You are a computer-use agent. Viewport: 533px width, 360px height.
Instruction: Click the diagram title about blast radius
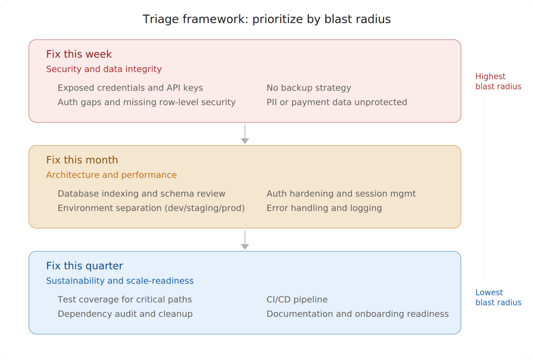[x=266, y=19]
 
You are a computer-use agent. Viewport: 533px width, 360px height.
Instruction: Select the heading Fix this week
[x=79, y=54]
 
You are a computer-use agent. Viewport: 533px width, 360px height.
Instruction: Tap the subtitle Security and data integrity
[x=104, y=69]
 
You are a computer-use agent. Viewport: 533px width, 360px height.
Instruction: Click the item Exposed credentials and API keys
[x=130, y=88]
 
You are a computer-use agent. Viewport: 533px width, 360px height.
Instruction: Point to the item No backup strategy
[x=309, y=88]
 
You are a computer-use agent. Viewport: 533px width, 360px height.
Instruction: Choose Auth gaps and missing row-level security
[x=146, y=102]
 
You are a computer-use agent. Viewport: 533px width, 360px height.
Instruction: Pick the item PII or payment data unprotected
[x=337, y=102]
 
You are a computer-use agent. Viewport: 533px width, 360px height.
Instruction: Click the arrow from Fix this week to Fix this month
[x=245, y=134]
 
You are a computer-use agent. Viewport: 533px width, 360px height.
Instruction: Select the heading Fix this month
[x=82, y=160]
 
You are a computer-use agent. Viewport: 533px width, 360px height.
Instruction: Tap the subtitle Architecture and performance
[x=111, y=175]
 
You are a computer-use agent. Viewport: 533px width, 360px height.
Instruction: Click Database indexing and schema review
[x=142, y=194]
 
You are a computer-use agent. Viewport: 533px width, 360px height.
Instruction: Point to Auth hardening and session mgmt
[x=341, y=194]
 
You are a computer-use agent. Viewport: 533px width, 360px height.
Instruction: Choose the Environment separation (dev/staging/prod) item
[x=151, y=208]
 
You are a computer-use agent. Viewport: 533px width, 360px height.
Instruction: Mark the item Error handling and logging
[x=324, y=208]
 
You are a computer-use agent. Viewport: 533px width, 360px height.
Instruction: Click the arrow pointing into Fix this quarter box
[x=245, y=240]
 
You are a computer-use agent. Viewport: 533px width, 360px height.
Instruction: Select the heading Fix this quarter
[x=84, y=266]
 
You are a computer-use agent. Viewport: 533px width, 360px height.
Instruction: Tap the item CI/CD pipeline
[x=297, y=300]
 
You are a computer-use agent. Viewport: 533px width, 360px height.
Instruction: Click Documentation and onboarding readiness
[x=358, y=314]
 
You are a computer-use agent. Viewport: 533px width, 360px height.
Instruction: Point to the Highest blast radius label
[x=498, y=82]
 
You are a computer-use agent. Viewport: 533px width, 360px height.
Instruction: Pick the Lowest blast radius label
[x=498, y=298]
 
